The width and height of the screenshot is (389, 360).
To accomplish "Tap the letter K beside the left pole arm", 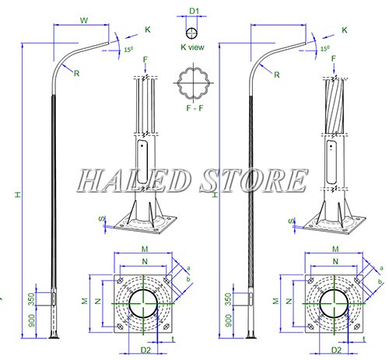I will point(147,30).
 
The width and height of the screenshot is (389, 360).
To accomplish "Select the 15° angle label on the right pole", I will point(326,49).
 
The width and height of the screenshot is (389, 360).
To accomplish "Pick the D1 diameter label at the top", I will point(194,10).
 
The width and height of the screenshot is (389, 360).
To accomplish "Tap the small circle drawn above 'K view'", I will point(193,33).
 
